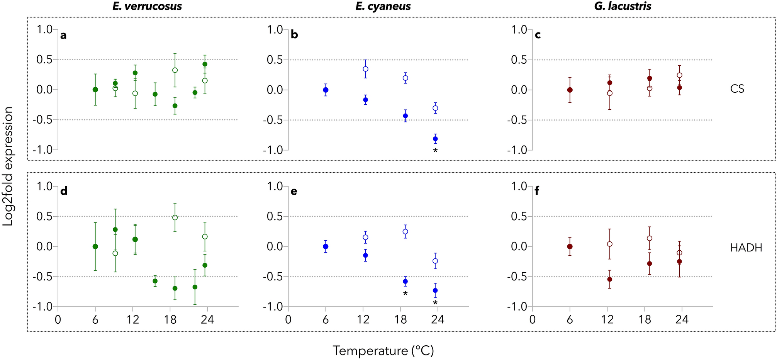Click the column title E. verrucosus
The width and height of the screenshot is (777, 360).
(147, 7)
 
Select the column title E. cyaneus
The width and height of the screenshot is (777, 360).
(383, 7)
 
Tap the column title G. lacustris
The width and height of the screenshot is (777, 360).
(623, 7)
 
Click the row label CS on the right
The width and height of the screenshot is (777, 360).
(737, 89)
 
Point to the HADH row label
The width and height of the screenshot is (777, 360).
(746, 248)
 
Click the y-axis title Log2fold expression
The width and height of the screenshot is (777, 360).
(8, 166)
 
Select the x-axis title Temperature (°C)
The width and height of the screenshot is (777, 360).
(383, 351)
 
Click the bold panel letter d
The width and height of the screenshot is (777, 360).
(64, 192)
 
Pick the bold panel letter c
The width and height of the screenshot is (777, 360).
(538, 35)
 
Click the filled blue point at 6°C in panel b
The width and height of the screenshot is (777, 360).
(326, 90)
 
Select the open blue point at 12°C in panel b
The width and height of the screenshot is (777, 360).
(365, 69)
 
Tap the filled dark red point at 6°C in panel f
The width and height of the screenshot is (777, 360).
(570, 246)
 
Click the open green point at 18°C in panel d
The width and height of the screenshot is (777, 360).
(175, 217)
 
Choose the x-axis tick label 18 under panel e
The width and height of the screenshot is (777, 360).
(400, 320)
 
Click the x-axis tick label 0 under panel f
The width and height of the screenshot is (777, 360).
(533, 320)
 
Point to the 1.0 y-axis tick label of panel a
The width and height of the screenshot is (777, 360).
(44, 29)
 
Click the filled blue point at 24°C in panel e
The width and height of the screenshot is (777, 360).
(435, 290)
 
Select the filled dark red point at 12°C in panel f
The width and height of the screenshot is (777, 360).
(610, 279)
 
